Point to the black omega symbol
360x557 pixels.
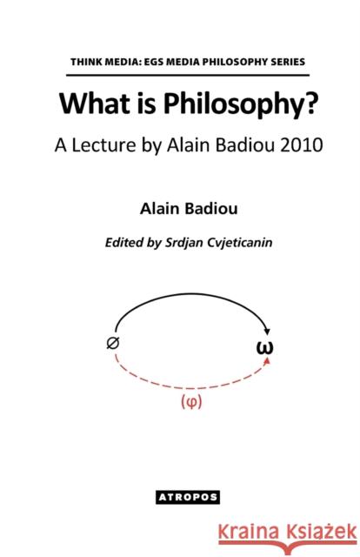(268, 348)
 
